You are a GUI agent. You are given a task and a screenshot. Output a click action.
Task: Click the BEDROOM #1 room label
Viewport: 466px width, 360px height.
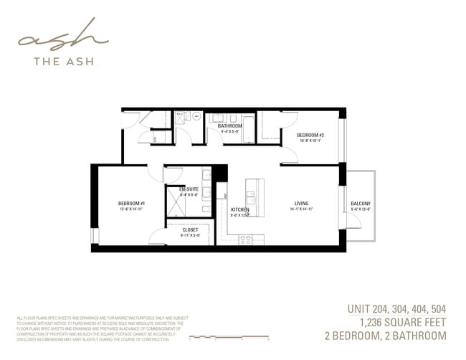(x=131, y=204)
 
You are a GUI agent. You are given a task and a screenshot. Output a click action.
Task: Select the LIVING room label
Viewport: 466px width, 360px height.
(x=301, y=204)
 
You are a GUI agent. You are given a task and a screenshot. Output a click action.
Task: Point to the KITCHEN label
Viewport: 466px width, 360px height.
(x=239, y=209)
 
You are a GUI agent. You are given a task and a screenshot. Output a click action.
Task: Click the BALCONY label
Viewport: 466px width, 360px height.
(x=361, y=204)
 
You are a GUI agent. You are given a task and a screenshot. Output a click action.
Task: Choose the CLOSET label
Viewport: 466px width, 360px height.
(x=190, y=229)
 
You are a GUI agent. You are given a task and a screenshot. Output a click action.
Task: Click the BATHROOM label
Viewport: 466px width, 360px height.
(x=229, y=126)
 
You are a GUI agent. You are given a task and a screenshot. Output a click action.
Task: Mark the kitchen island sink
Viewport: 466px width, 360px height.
(x=251, y=193)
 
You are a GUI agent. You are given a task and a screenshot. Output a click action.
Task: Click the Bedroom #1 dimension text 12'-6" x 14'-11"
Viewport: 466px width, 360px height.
(x=131, y=209)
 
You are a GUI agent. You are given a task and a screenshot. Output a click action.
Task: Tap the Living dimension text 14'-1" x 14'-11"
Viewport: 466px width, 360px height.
(x=301, y=209)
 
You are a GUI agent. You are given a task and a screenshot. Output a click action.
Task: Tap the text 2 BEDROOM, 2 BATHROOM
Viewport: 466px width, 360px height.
(x=386, y=336)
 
